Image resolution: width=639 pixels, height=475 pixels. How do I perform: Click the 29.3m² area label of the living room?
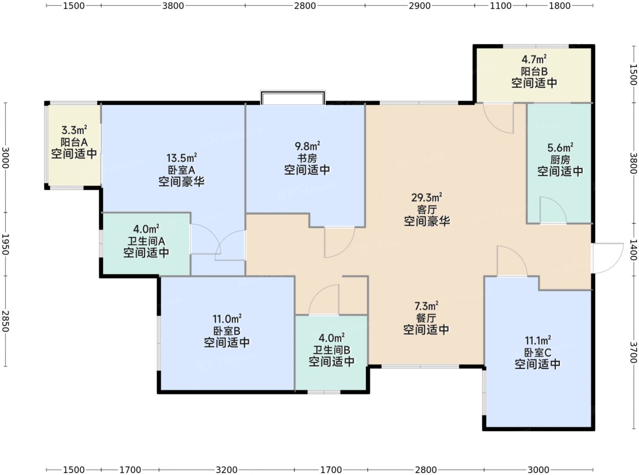tap(426, 197)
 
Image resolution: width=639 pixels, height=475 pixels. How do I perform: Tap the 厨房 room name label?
tap(560, 159)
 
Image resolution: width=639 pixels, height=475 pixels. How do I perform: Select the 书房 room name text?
tap(307, 158)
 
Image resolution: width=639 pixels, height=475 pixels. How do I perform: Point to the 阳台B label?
tap(534, 71)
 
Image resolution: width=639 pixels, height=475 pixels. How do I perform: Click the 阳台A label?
tap(74, 142)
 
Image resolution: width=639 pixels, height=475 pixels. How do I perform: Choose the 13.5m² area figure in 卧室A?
tap(182, 158)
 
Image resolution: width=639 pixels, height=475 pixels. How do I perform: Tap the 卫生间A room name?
tap(146, 241)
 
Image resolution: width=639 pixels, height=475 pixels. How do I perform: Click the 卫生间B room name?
tap(332, 350)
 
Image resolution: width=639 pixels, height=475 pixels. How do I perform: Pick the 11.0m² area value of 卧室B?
tap(227, 319)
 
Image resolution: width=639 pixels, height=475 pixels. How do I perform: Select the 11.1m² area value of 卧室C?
tap(538, 341)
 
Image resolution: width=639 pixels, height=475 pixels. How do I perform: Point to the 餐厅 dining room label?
tap(426, 318)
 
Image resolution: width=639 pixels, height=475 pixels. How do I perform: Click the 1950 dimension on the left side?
tap(5, 244)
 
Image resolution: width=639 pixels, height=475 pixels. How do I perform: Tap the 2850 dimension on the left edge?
tap(5, 321)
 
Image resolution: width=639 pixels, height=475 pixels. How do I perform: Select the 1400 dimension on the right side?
tap(633, 250)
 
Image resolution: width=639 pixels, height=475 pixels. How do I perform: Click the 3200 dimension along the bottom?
tap(226, 470)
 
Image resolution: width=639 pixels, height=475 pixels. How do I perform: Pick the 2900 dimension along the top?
tap(419, 5)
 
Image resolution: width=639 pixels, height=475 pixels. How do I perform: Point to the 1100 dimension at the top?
tap(501, 5)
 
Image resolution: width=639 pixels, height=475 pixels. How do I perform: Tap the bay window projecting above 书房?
tap(293, 97)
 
